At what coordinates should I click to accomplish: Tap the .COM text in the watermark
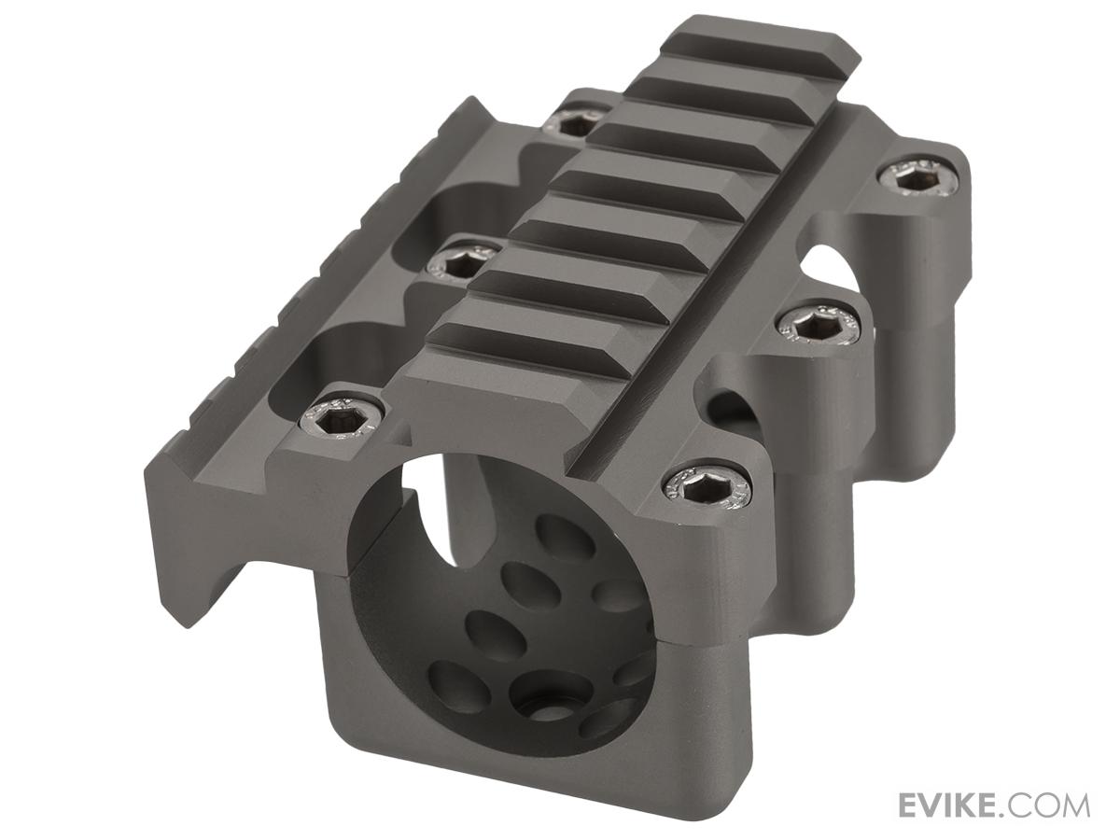click(x=1053, y=805)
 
